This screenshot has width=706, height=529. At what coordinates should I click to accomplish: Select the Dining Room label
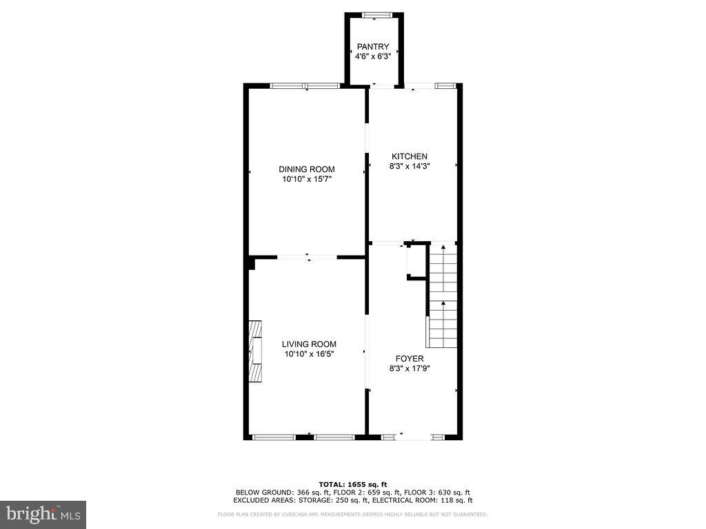(x=306, y=169)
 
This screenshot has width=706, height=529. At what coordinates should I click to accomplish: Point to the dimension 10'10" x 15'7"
(x=306, y=180)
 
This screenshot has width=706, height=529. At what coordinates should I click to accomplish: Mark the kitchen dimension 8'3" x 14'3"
(x=410, y=166)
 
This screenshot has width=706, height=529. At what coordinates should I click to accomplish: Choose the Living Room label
(x=309, y=344)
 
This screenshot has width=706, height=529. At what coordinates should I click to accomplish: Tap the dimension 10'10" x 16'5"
(x=309, y=355)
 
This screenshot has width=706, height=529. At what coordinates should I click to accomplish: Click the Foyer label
(x=410, y=359)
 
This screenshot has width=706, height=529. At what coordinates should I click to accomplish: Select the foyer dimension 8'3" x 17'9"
(x=410, y=369)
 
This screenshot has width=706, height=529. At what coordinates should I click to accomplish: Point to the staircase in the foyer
(x=443, y=296)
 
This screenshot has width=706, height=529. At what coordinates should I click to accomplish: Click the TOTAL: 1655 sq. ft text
(x=353, y=484)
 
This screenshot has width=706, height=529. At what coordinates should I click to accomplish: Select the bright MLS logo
(x=43, y=514)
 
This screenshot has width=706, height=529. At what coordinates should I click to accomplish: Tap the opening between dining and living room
(x=307, y=258)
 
